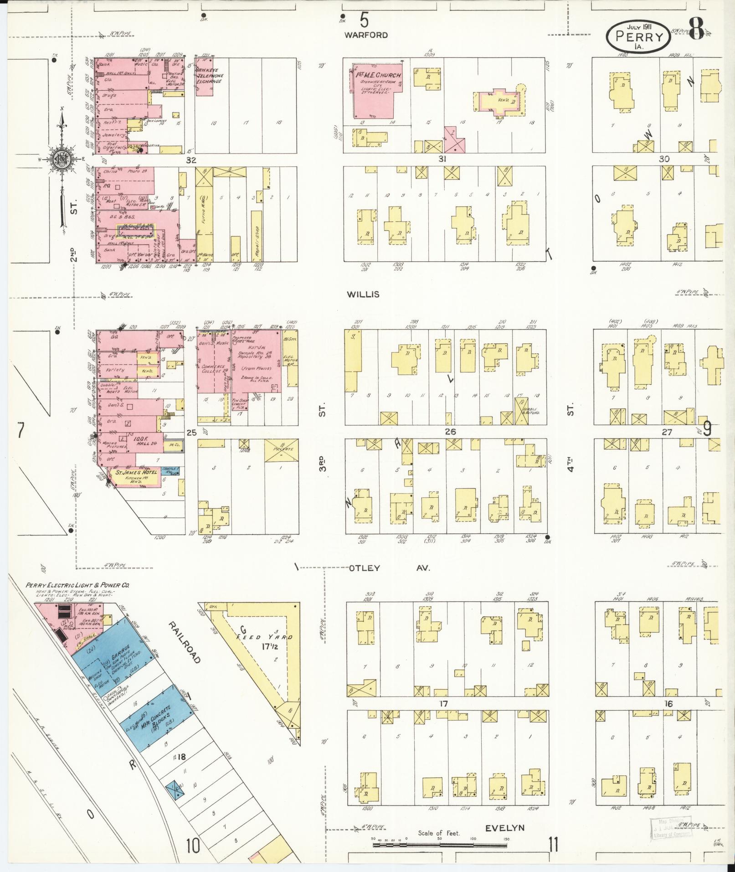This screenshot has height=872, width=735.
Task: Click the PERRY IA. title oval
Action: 638,35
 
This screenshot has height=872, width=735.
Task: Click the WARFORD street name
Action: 366,35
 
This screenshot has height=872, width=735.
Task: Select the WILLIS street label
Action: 363,294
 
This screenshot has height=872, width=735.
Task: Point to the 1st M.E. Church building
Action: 376,91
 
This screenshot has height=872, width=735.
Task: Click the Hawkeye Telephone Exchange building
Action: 205,76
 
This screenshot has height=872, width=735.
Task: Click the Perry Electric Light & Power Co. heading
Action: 77,585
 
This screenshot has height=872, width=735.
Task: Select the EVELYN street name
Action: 505,828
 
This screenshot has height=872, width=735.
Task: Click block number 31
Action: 442,159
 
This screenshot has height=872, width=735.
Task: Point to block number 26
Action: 450,431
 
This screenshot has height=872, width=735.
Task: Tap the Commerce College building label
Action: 213,369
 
